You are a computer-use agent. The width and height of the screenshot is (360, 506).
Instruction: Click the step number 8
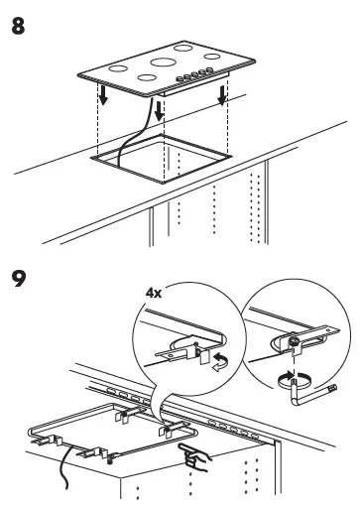[18, 27]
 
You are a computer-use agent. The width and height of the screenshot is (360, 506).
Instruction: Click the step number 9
[19, 279]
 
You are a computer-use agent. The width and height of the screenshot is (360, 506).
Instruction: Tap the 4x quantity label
[154, 293]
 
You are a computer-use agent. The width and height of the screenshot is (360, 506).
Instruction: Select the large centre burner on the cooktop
[163, 62]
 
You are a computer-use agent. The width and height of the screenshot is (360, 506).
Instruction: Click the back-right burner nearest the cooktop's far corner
[183, 48]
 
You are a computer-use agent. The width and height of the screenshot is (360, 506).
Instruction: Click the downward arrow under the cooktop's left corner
[103, 94]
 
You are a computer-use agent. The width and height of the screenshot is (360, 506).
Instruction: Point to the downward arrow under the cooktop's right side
[222, 95]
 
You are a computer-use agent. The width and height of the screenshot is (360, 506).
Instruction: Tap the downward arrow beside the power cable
[160, 111]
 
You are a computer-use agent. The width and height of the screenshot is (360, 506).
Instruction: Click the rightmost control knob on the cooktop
[209, 69]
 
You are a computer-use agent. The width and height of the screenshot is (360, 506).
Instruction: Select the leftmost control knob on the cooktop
[180, 79]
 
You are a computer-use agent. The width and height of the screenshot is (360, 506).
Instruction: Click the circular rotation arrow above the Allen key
[295, 380]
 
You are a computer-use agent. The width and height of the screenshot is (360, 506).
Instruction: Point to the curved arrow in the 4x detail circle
[220, 362]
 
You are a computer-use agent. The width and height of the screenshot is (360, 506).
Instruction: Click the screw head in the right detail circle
[293, 341]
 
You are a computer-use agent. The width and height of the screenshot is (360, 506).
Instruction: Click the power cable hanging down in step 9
[64, 467]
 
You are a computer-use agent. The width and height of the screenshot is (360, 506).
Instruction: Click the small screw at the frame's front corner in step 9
[110, 459]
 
